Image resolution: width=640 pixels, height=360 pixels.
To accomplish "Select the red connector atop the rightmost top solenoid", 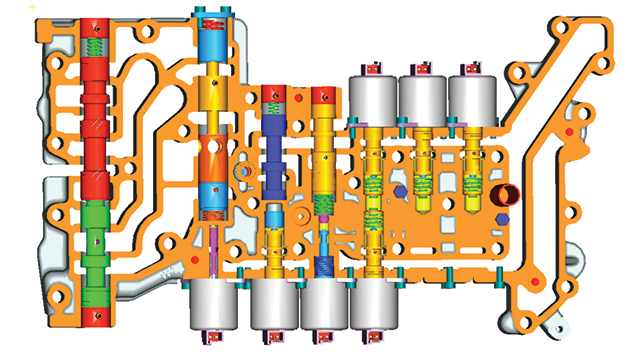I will pyautogui.click(x=469, y=69).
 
